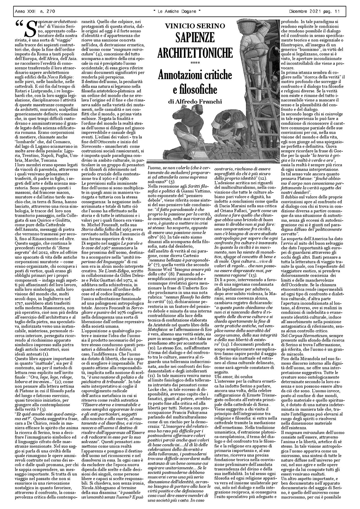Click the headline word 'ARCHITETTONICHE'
coord(195,53)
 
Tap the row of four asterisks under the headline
coord(195,64)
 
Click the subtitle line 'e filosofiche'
coord(195,89)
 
